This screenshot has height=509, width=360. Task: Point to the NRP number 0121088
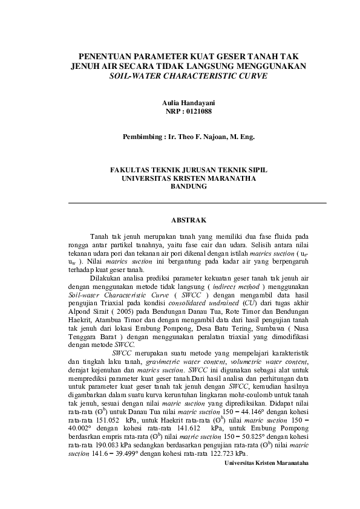pyautogui.click(x=203, y=112)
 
